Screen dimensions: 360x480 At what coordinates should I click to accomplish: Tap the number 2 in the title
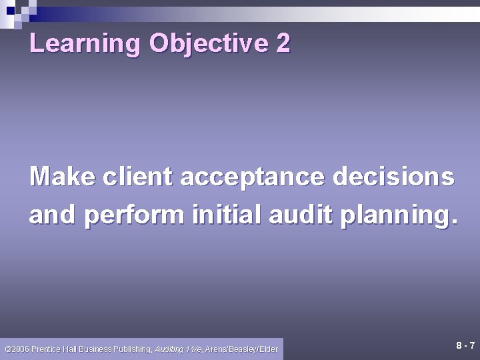click(x=283, y=44)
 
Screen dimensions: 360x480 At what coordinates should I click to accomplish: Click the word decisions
click(x=393, y=177)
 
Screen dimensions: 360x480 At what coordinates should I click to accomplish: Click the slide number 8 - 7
click(x=465, y=345)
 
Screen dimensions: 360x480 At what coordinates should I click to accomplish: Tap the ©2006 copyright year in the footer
click(x=15, y=349)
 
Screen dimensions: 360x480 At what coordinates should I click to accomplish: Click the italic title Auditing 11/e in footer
click(x=179, y=349)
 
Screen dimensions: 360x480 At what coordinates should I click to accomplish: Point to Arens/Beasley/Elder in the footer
click(x=241, y=349)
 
